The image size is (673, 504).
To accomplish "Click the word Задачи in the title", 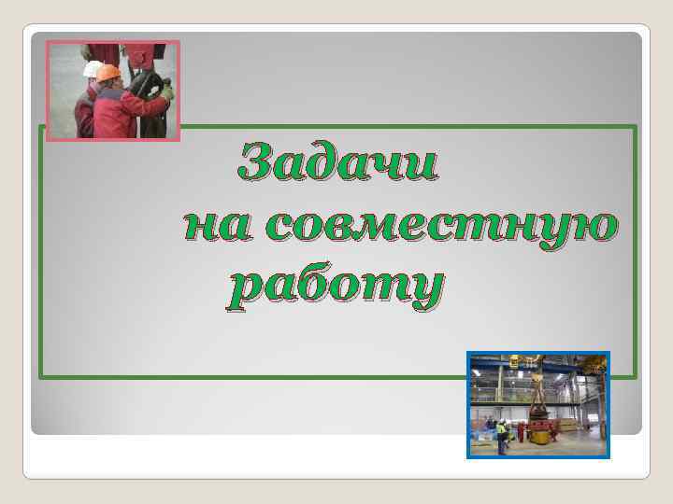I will [336, 163].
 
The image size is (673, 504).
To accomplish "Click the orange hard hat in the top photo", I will [108, 73].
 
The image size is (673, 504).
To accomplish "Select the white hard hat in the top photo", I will [91, 69].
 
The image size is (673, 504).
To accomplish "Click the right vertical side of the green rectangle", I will [636, 252].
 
